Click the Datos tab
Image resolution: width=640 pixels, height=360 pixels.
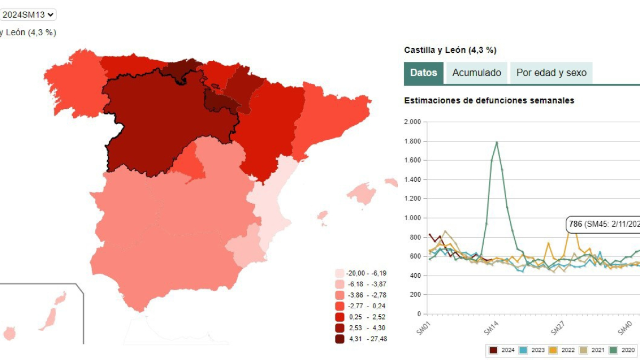423,73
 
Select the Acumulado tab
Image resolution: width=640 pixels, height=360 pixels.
476,73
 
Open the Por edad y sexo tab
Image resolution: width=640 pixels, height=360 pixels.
551,73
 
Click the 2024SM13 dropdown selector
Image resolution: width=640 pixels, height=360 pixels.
28,15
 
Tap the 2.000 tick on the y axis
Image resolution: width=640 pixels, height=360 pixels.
412,122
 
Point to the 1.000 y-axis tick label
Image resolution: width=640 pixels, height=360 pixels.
412,218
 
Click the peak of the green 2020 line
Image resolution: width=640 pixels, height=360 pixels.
497,142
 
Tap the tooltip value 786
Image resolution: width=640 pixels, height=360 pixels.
575,224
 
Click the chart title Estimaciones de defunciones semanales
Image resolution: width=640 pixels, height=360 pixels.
489,100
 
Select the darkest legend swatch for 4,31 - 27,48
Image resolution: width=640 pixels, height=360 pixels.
339,338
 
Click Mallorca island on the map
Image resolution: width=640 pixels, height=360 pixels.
362,193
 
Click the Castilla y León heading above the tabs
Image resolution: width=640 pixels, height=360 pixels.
450,50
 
